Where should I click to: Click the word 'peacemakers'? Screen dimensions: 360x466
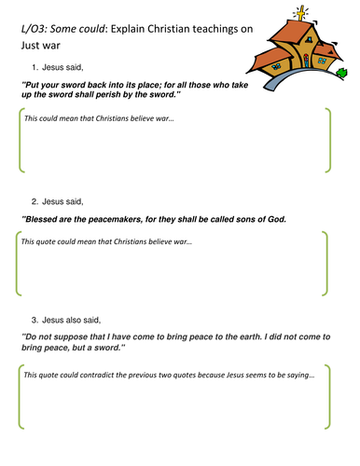116,220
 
